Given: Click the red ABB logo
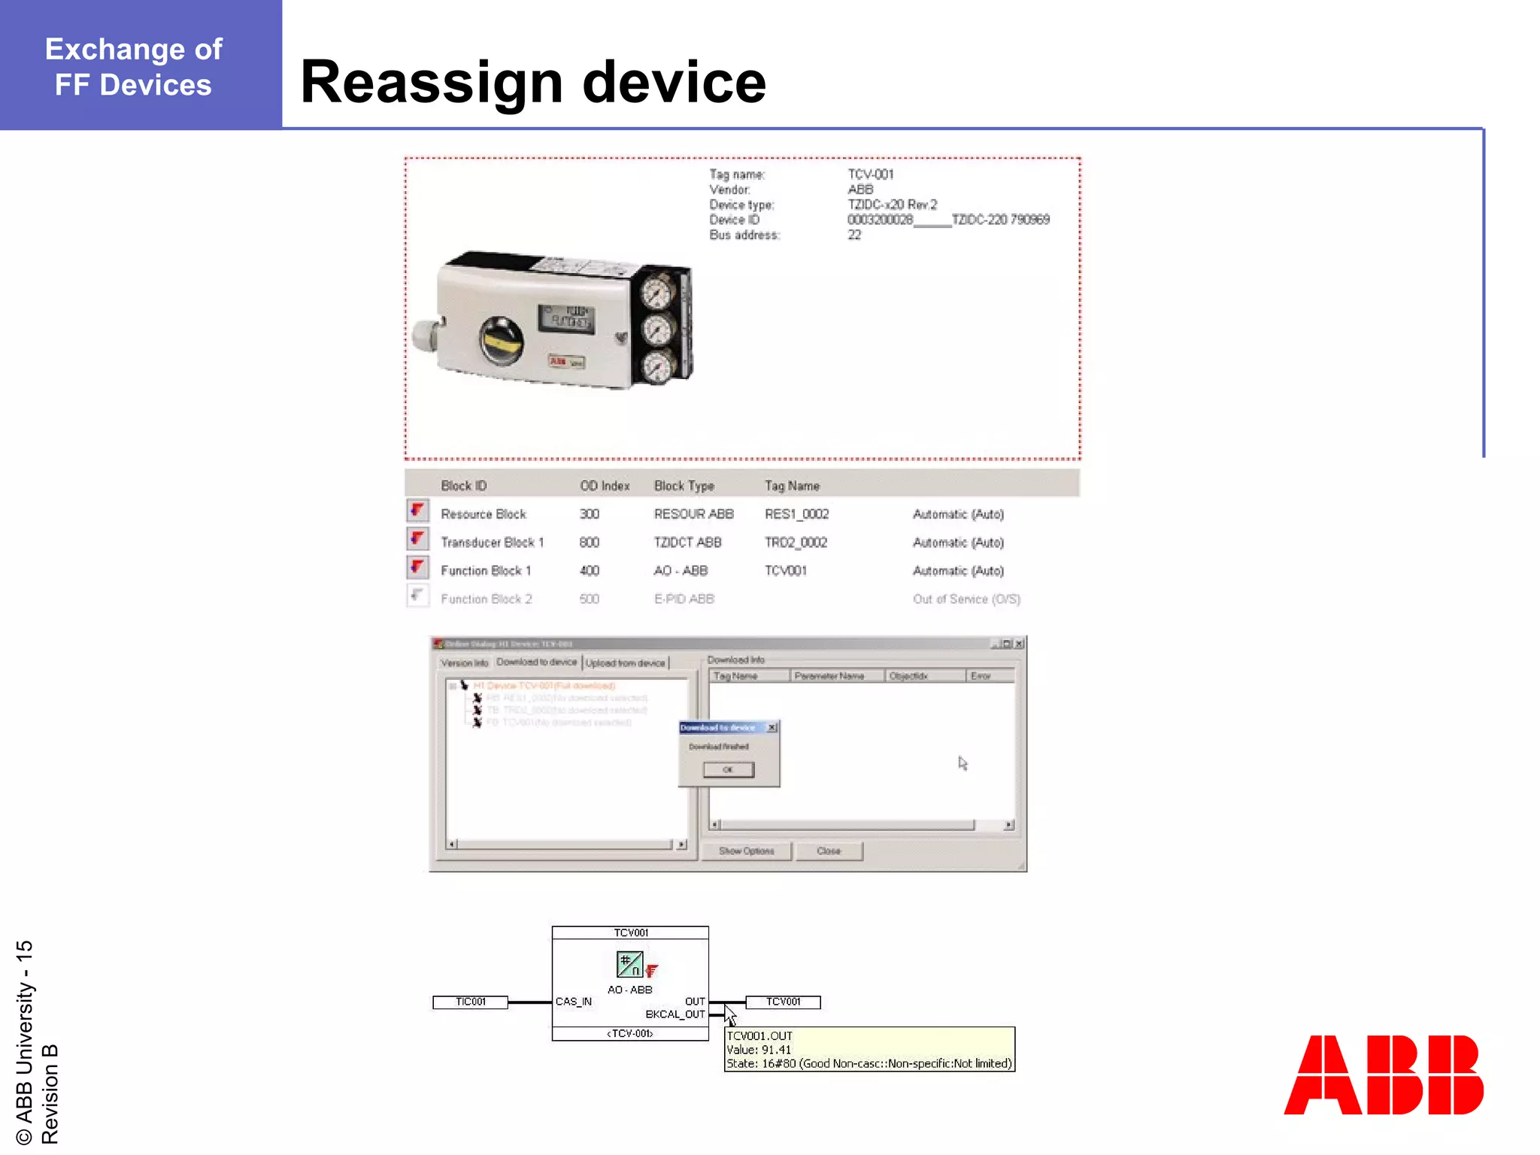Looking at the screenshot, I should click(1383, 1075).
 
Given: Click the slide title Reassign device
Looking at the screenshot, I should click(532, 82).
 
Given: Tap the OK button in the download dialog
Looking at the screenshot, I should click(728, 769).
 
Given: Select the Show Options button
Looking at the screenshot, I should click(746, 851).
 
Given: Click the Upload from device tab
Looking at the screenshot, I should click(626, 663).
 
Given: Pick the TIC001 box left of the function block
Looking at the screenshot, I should click(470, 1002).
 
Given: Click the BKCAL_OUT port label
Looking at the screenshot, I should click(675, 1014).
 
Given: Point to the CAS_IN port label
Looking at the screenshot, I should click(574, 1002).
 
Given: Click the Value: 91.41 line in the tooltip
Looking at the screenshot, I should click(759, 1050).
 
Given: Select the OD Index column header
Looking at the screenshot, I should click(605, 486).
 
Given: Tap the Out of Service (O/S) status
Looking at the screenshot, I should click(966, 599).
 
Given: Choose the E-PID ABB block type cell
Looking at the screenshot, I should click(684, 599).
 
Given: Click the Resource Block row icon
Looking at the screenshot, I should click(418, 511).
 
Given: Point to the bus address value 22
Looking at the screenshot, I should click(854, 235).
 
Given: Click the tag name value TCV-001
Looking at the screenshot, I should click(871, 174).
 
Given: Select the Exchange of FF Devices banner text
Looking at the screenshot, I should click(134, 67).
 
